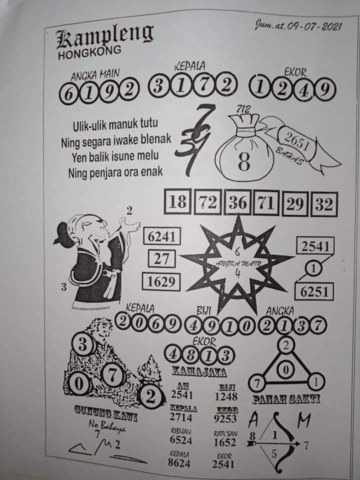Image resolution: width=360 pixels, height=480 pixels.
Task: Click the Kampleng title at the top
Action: point(105,38)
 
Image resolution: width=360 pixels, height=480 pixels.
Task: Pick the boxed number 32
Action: point(323,204)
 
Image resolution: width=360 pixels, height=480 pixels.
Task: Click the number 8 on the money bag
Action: point(244,162)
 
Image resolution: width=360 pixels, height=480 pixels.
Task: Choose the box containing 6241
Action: point(161,236)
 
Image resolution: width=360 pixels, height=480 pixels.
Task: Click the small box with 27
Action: point(161,259)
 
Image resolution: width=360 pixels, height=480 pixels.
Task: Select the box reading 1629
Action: point(161,281)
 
